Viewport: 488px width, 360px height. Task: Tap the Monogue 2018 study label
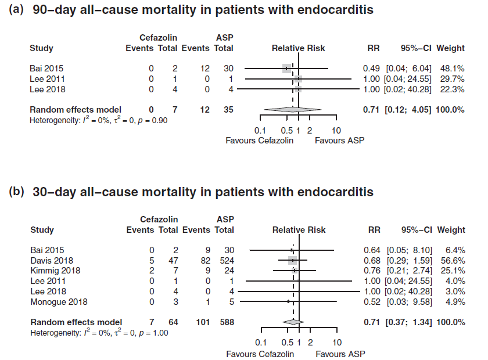58,301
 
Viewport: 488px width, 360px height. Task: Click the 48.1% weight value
453,68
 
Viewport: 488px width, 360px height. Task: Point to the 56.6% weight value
453,260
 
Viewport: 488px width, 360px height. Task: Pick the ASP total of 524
224,260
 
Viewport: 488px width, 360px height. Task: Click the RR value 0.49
372,68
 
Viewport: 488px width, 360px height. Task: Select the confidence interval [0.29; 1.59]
407,260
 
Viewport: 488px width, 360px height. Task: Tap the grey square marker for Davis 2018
293,260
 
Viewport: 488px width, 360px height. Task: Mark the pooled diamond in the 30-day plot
293,322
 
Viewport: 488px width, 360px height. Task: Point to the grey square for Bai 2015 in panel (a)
287,68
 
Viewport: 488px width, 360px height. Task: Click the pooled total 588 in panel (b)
224,322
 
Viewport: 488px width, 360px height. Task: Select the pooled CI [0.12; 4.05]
407,109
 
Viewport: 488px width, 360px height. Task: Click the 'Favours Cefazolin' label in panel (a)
260,141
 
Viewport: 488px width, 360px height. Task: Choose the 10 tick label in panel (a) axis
336,130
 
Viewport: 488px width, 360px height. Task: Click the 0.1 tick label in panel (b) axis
261,343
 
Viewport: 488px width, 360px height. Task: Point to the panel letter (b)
17,192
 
